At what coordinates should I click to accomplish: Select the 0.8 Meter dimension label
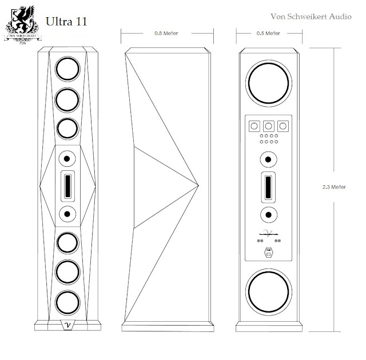pyautogui.click(x=166, y=34)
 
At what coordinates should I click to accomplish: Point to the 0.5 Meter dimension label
pyautogui.click(x=269, y=34)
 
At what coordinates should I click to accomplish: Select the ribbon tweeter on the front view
pyautogui.click(x=67, y=186)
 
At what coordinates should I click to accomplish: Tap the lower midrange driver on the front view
pyautogui.click(x=67, y=214)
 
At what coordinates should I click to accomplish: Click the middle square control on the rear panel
pyautogui.click(x=268, y=125)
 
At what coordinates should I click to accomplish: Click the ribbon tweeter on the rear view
pyautogui.click(x=268, y=186)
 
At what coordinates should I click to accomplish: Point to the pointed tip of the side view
pyautogui.click(x=198, y=185)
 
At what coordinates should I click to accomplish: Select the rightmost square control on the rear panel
pyautogui.click(x=282, y=125)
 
